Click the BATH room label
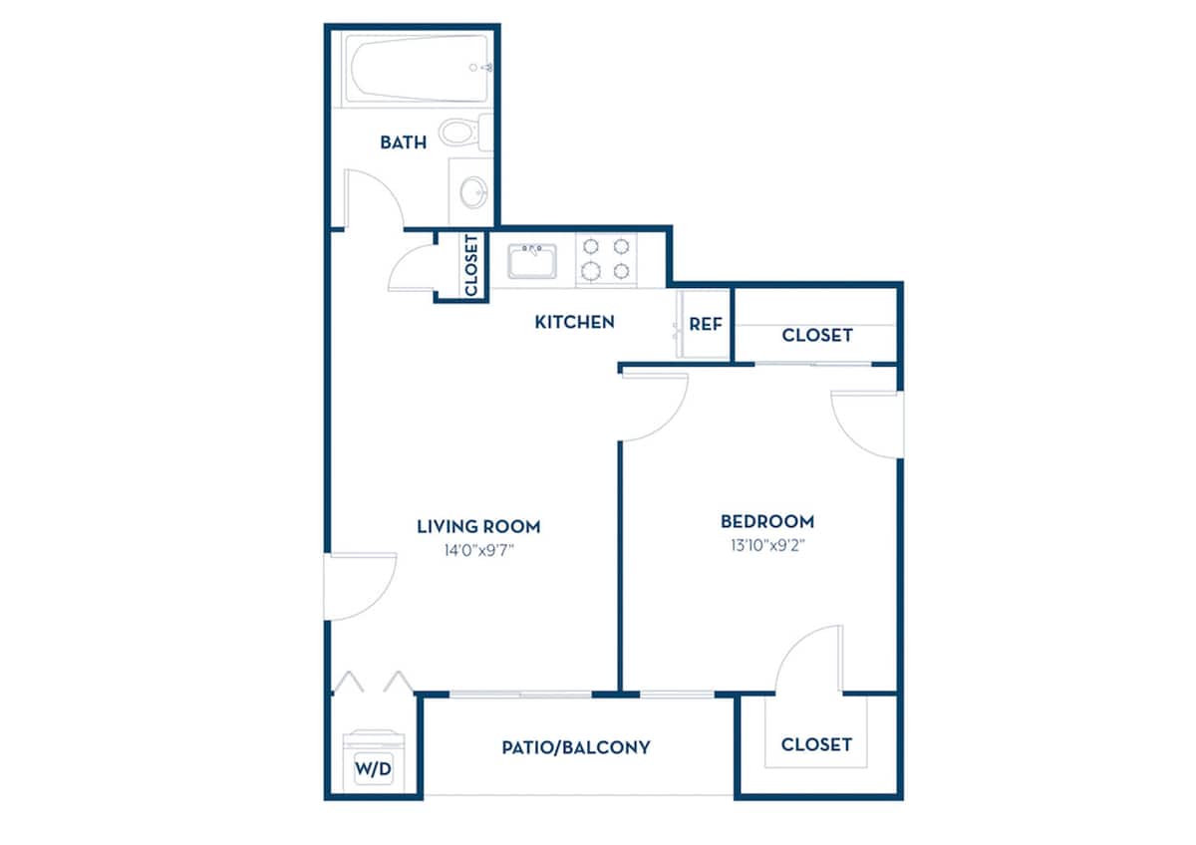[x=403, y=142]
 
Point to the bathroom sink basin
[x=474, y=190]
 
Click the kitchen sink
[x=532, y=260]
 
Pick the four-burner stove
[x=606, y=258]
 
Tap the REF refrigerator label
[x=706, y=325]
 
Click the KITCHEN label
[x=574, y=322]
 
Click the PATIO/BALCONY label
[x=576, y=746]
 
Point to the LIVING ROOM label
[x=478, y=526]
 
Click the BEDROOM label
[x=767, y=521]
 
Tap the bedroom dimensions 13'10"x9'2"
[x=767, y=545]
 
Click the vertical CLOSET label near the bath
[x=471, y=265]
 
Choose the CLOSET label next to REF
[x=817, y=335]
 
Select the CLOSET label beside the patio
[x=816, y=744]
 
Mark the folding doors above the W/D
[x=372, y=683]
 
